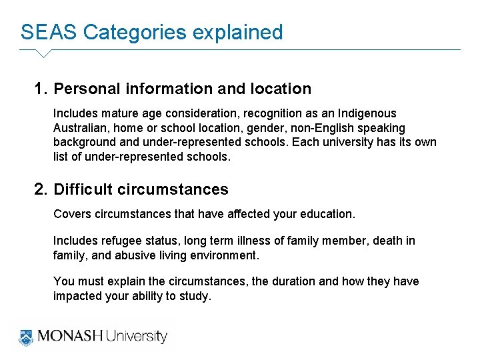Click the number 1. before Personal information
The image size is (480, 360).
pyautogui.click(x=41, y=89)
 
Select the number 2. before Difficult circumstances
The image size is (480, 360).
pyautogui.click(x=41, y=189)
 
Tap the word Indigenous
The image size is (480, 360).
pyautogui.click(x=369, y=113)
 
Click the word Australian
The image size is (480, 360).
pyautogui.click(x=79, y=128)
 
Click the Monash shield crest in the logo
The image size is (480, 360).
pyautogui.click(x=26, y=336)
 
